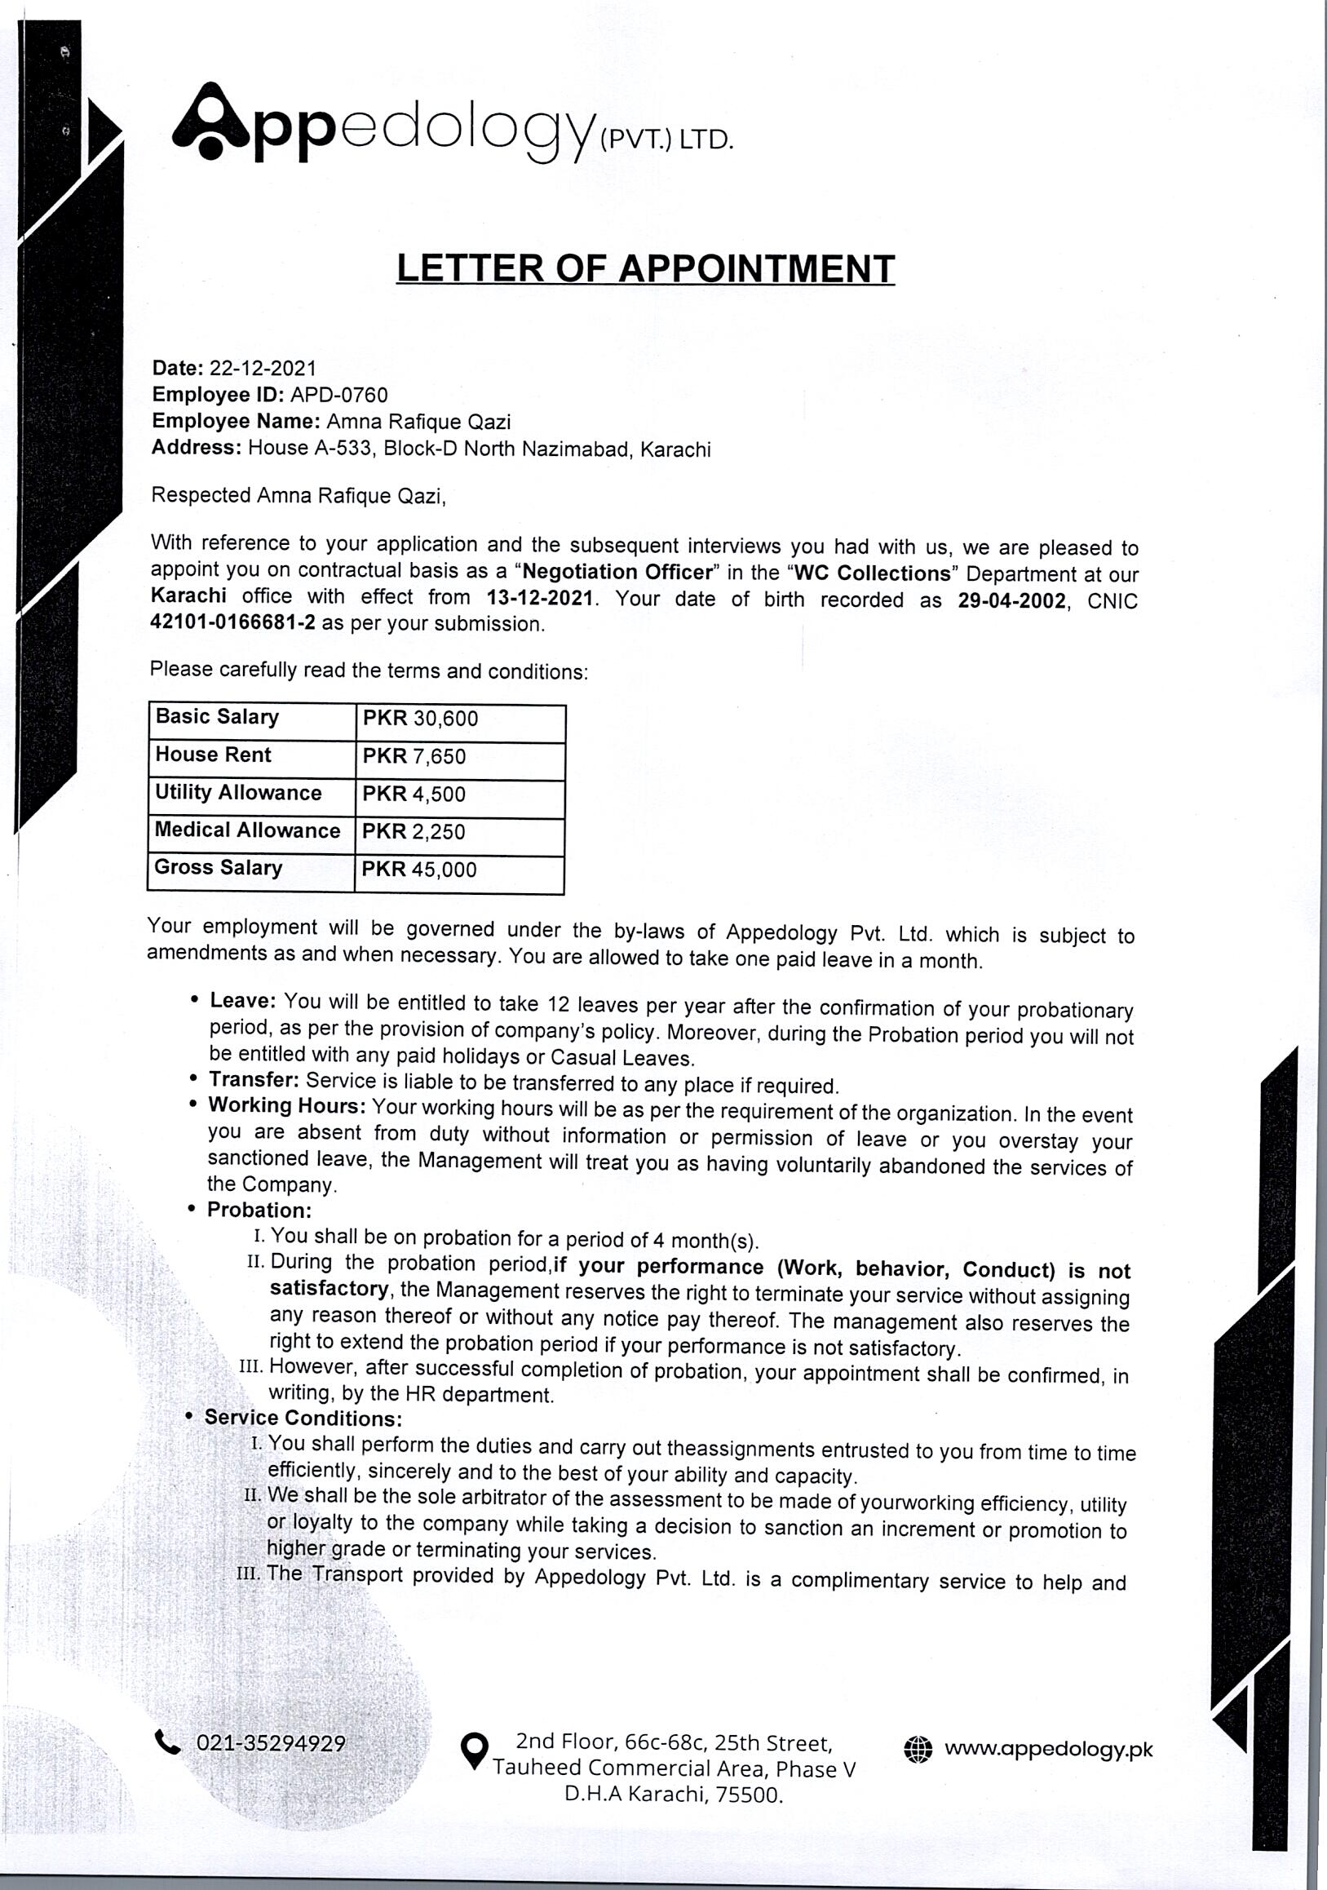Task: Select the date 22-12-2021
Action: coord(263,368)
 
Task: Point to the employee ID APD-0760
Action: coord(338,395)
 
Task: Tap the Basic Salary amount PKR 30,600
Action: coord(420,719)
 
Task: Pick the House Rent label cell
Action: coord(213,755)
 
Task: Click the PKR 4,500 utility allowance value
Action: coord(414,795)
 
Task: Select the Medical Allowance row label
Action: coord(247,830)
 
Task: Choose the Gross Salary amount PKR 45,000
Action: coord(419,870)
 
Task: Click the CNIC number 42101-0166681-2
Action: coord(233,622)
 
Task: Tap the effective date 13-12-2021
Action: coord(539,598)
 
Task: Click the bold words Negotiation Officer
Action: coord(617,571)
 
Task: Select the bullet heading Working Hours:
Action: coord(287,1105)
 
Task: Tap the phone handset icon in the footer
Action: coord(167,1742)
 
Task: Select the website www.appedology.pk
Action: coord(1048,1748)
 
